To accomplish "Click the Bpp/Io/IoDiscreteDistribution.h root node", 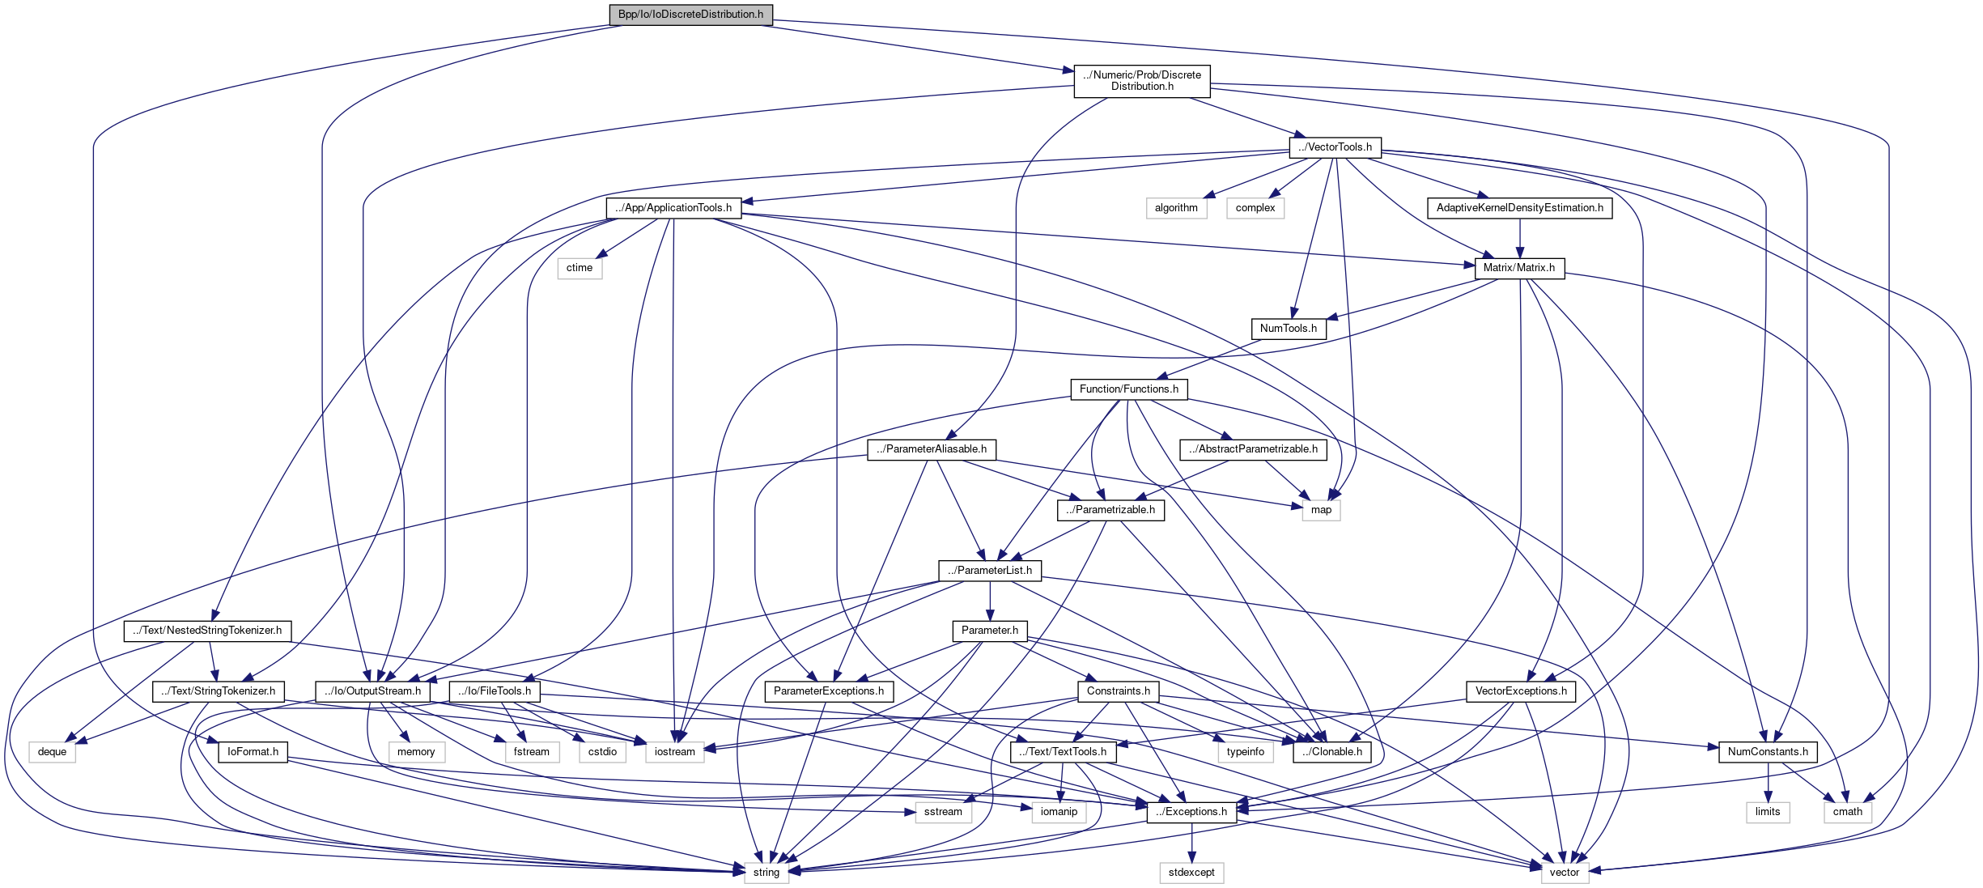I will (x=690, y=15).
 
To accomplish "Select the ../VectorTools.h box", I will (x=1335, y=147).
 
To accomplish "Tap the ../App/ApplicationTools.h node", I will (x=673, y=208).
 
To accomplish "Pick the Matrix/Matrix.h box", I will (x=1519, y=268).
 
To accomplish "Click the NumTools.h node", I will (x=1289, y=329).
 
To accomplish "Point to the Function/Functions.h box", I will (x=1129, y=389).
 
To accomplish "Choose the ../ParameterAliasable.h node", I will (x=932, y=449).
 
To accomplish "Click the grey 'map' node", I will (x=1321, y=510).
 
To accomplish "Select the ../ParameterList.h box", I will (x=990, y=571).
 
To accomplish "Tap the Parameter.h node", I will (x=990, y=631).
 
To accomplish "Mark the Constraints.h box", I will (x=1119, y=691).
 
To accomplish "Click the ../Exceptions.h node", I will (x=1191, y=812).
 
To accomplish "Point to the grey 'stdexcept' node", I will (x=1191, y=873).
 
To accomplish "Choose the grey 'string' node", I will (x=766, y=873).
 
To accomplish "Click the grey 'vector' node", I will (x=1565, y=873).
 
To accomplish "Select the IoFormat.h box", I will (x=253, y=752).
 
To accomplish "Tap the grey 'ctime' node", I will (x=580, y=268).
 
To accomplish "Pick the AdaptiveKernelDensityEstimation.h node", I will (x=1519, y=208).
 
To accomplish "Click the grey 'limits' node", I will (x=1768, y=812).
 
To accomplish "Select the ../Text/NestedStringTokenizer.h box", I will (x=207, y=631).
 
